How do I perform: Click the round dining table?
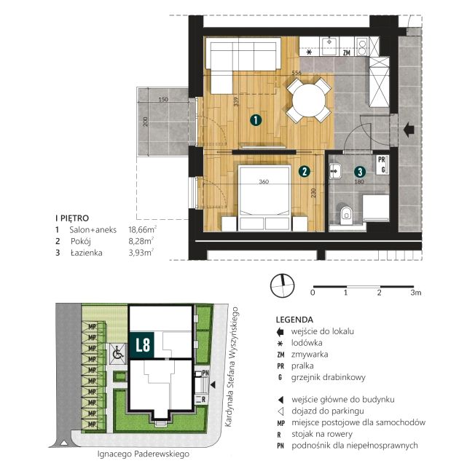[x=309, y=100]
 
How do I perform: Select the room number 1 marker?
[x=256, y=120]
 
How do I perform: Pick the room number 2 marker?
[x=305, y=171]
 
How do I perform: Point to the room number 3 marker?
[x=360, y=172]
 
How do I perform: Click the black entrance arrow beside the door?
[x=409, y=130]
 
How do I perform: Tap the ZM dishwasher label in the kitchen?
[x=346, y=52]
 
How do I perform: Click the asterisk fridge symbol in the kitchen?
[x=310, y=52]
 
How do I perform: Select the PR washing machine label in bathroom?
[x=381, y=159]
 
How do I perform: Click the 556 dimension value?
[x=297, y=73]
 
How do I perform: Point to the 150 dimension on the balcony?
[x=163, y=100]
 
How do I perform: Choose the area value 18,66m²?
[x=142, y=229]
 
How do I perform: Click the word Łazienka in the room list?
[x=87, y=253]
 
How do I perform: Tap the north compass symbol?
[x=282, y=285]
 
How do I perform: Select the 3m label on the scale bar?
[x=416, y=293]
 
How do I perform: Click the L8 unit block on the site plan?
[x=141, y=344]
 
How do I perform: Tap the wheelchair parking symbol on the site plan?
[x=117, y=354]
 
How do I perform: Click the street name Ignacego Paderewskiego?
[x=144, y=454]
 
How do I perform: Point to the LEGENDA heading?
[x=294, y=320]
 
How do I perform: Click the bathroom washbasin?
[x=335, y=171]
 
